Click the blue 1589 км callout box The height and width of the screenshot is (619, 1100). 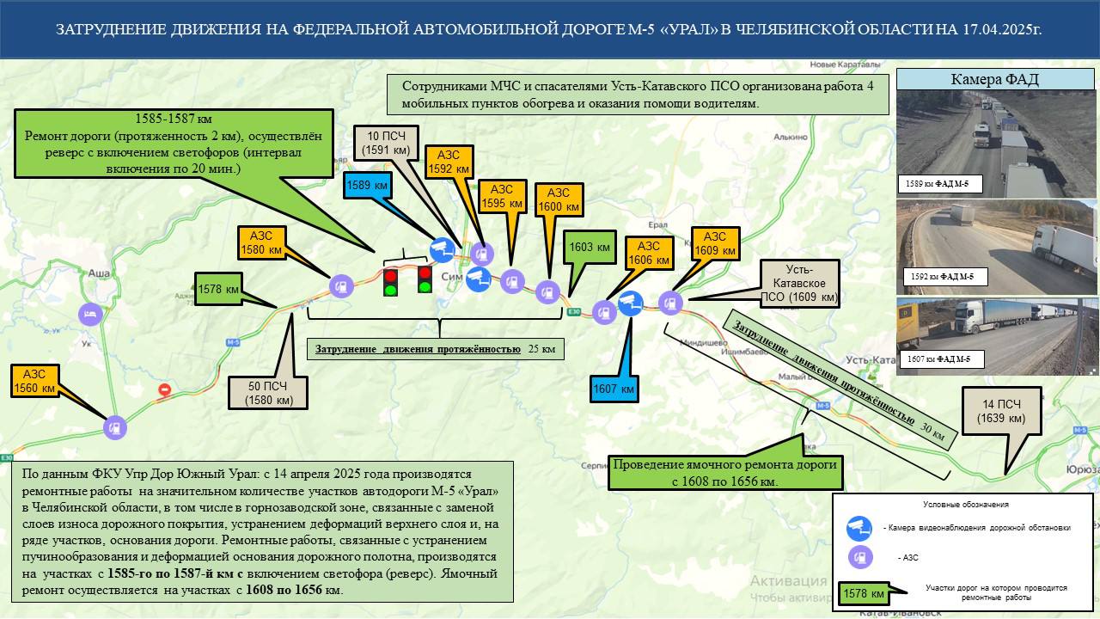coord(366,186)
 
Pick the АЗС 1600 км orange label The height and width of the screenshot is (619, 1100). coord(559,199)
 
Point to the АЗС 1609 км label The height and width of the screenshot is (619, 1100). coord(715,243)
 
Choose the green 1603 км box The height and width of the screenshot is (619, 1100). coord(590,248)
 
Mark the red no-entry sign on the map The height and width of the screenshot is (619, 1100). coord(164,389)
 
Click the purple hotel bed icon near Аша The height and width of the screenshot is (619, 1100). coord(89,313)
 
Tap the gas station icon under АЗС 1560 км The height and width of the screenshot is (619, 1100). coord(114,426)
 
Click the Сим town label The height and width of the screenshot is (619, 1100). coord(451,278)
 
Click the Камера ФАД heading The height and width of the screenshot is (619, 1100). coord(995,80)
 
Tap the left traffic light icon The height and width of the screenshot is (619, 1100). coord(390,282)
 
